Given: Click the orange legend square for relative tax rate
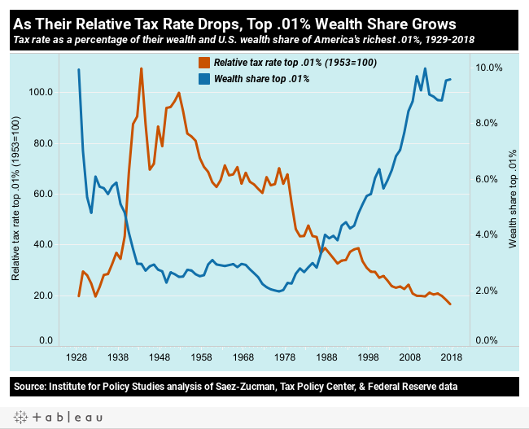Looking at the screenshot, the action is click(204, 63).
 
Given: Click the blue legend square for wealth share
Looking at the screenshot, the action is click(204, 79).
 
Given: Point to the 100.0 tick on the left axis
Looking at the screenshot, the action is click(42, 92).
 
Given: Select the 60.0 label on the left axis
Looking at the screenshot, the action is click(43, 194).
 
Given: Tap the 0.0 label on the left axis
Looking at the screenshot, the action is click(46, 340).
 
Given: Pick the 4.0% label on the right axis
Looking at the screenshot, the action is click(486, 234).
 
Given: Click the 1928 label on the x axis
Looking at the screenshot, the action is click(77, 357).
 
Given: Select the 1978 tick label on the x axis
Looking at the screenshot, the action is click(285, 357).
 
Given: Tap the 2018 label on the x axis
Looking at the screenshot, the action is click(452, 357).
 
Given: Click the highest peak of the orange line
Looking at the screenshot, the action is click(142, 68).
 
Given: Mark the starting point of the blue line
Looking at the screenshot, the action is click(79, 70).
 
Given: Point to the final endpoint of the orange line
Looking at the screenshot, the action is click(450, 304).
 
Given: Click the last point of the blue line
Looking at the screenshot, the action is click(450, 79).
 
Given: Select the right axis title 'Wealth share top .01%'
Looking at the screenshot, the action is click(513, 199).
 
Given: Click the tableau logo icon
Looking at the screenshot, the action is click(20, 417).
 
